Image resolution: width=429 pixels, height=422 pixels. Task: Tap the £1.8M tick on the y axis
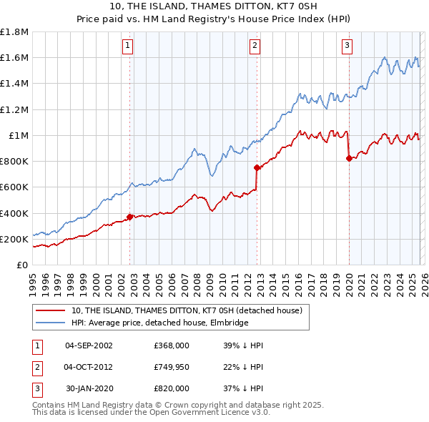(14, 32)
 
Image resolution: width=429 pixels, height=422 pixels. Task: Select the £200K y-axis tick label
(14, 239)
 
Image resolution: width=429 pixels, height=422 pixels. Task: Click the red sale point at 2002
(129, 217)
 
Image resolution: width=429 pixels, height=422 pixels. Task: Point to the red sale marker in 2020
(348, 159)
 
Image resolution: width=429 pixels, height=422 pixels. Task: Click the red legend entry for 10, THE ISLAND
(187, 310)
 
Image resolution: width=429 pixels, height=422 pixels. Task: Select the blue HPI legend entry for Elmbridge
(159, 323)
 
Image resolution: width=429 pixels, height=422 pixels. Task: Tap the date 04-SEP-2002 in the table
(89, 345)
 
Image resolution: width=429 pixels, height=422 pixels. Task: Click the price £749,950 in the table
(171, 367)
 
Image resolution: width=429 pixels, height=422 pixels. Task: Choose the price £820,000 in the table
(171, 388)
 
